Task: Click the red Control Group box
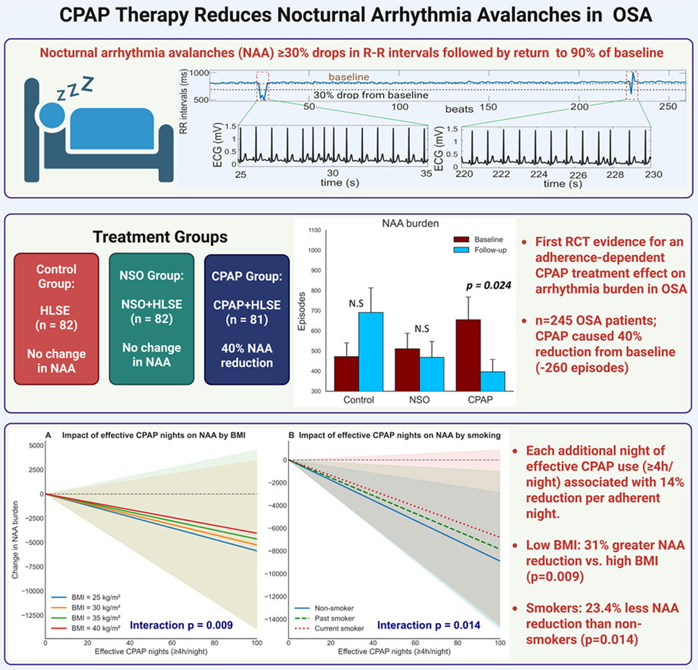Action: click(56, 319)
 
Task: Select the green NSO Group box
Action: click(151, 319)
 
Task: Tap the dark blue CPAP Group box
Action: click(246, 319)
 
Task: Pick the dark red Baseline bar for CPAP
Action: click(468, 355)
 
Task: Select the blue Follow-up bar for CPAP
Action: click(492, 381)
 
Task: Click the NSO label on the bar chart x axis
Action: click(420, 400)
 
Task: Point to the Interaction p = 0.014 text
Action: click(429, 626)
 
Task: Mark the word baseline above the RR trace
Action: click(349, 77)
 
